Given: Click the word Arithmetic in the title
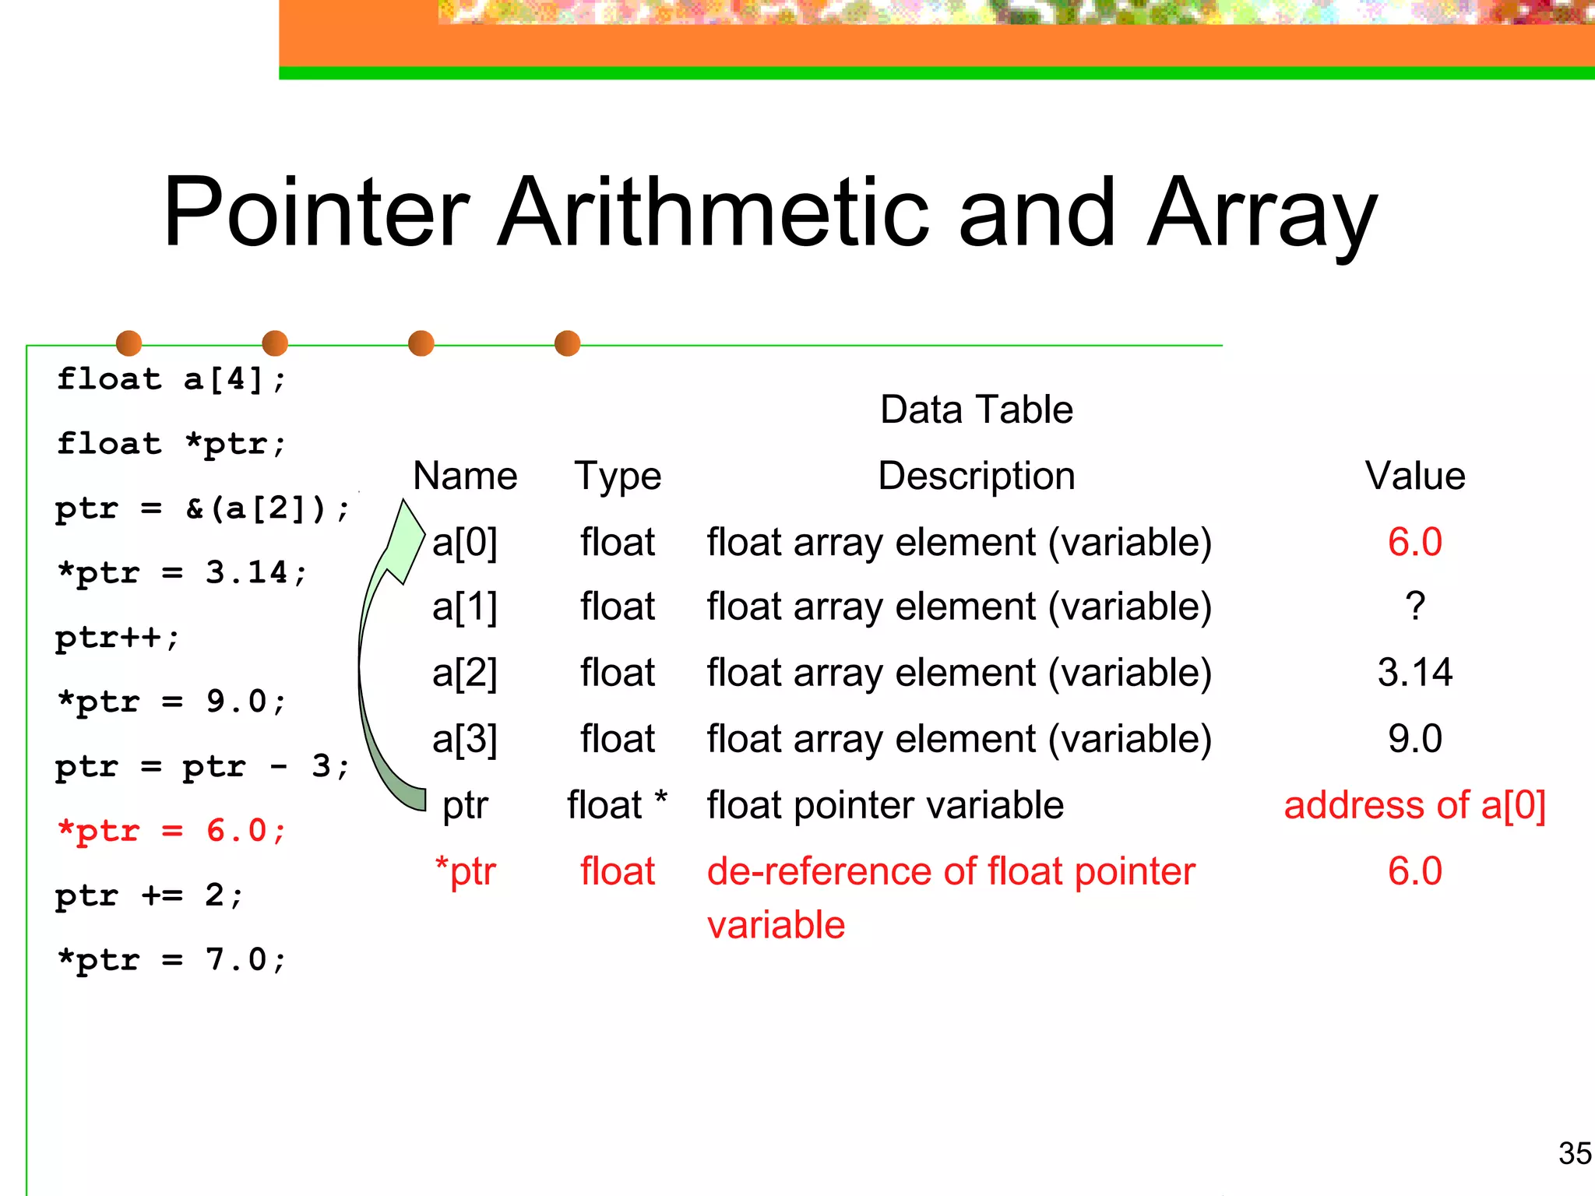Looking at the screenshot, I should point(713,212).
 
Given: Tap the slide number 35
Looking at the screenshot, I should point(1574,1153).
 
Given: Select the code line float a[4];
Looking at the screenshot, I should point(171,380).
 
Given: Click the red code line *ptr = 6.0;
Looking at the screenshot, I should point(171,831).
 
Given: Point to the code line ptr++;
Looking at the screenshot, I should point(117,638).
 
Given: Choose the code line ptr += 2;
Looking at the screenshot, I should point(149,895).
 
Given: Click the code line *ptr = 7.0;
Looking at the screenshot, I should point(171,960).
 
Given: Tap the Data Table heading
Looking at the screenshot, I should point(976,410).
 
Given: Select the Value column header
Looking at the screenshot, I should point(1414,476).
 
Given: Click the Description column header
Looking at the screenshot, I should point(976,476).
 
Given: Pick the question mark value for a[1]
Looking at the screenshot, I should point(1415,607).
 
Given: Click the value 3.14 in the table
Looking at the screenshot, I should point(1414,672).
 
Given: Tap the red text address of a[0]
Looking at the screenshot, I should point(1414,805).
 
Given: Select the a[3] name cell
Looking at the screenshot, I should point(464,739).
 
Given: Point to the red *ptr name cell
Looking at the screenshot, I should point(465,871).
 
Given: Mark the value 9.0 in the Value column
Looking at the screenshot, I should point(1414,739).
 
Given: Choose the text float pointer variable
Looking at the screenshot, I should point(885,805).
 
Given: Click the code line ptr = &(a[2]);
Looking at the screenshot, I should point(202,509).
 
